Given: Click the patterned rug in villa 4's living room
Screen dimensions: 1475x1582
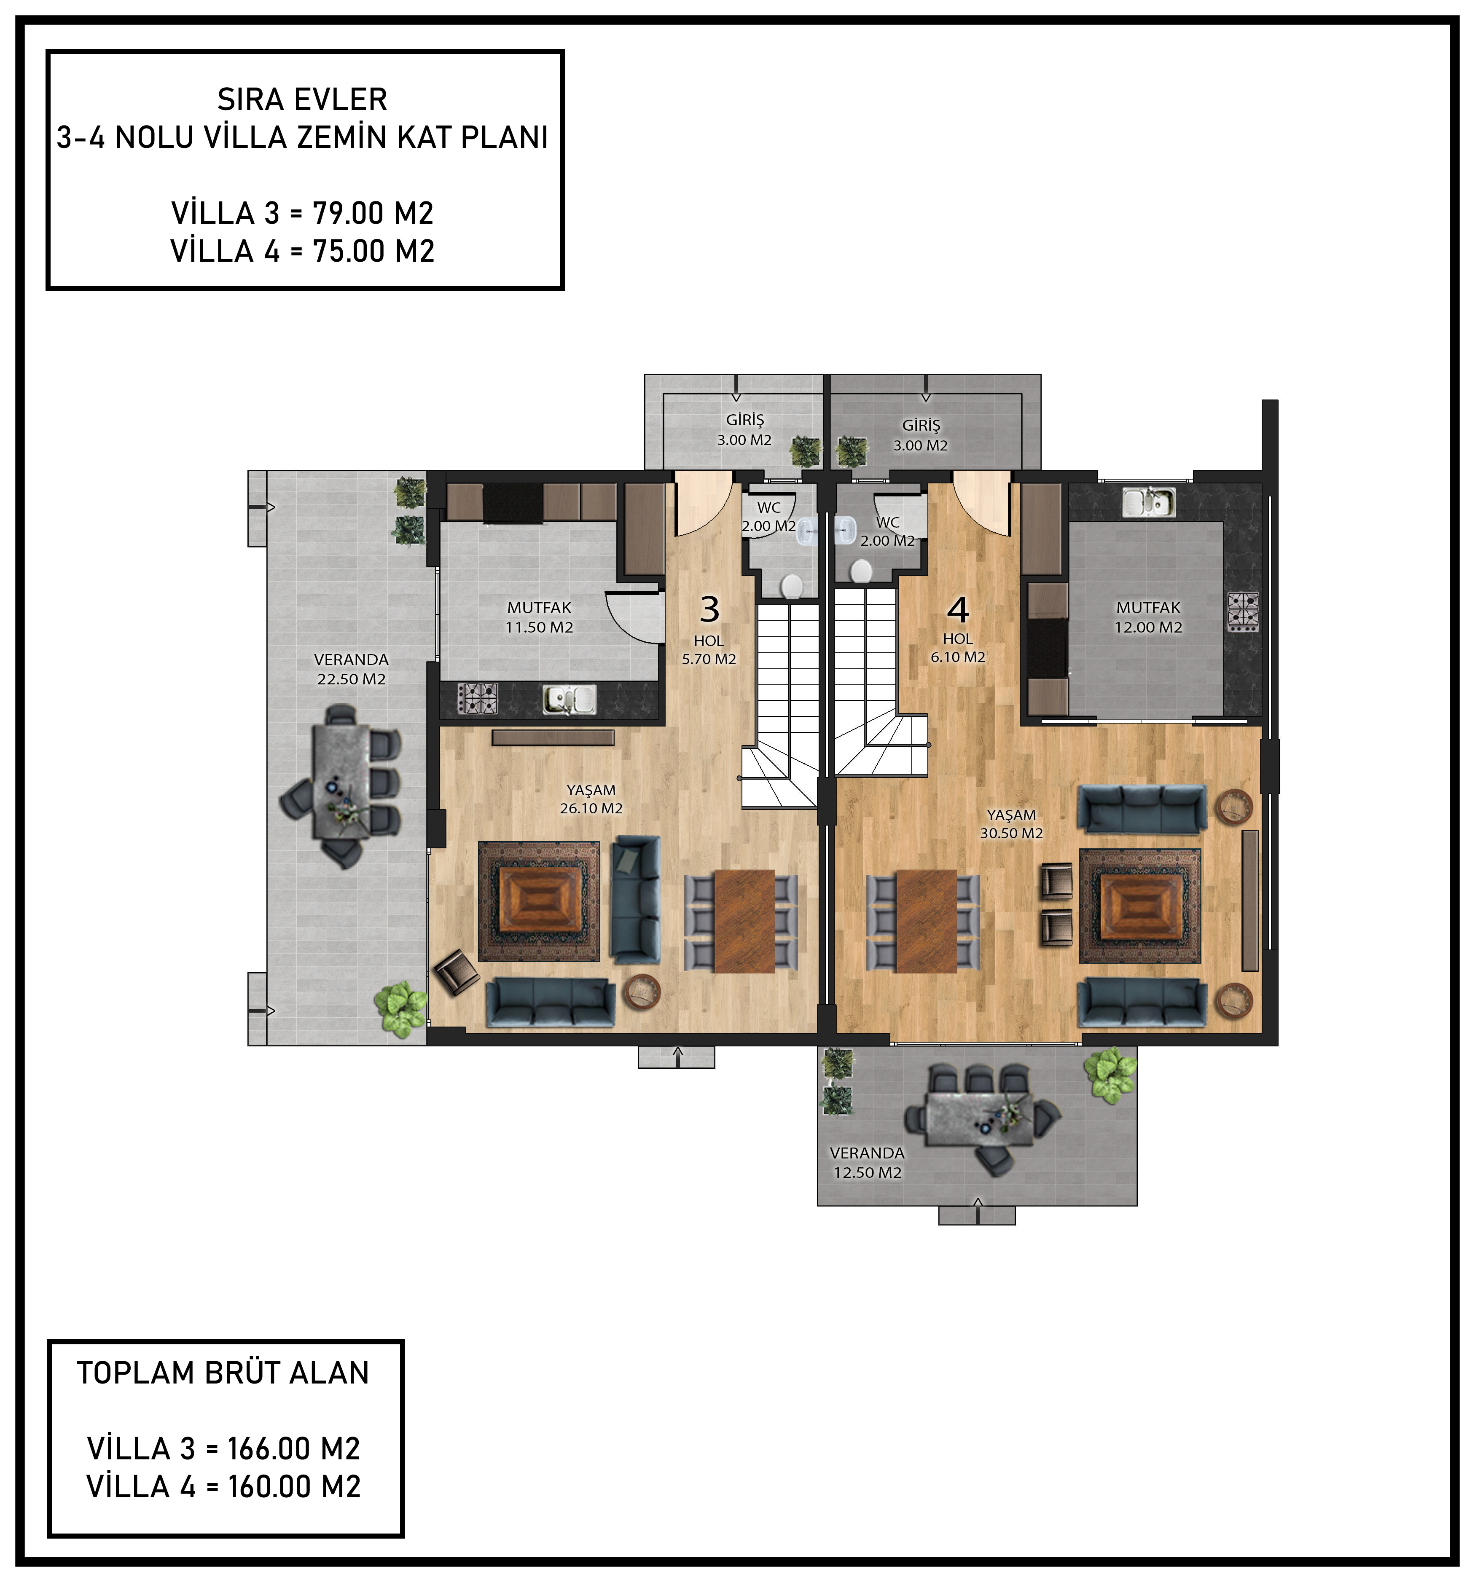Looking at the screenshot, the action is tap(1140, 906).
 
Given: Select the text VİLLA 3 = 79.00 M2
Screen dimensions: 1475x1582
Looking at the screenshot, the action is tap(303, 213).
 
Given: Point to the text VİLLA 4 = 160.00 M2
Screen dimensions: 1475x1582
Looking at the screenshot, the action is tap(224, 1486).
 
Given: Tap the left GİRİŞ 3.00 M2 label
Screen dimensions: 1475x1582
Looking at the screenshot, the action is tap(744, 430).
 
